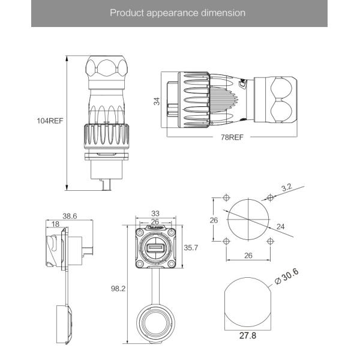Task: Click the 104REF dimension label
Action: pos(50,121)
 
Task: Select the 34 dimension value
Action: pos(157,102)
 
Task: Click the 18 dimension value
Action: pos(55,223)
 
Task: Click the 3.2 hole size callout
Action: pos(286,187)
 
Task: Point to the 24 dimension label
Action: pos(281,226)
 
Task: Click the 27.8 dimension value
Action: pos(247,336)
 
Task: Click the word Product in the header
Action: pos(125,13)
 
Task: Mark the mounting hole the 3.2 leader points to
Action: pos(271,197)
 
